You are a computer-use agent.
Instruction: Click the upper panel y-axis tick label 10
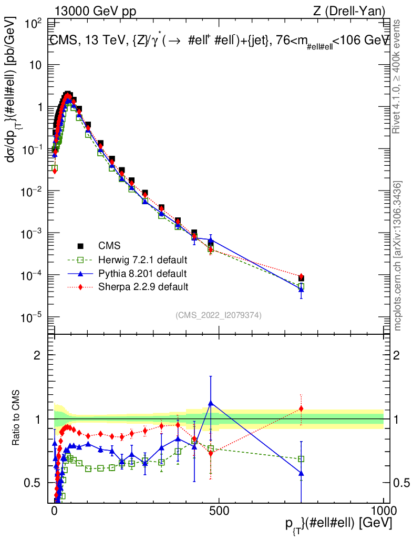(36, 65)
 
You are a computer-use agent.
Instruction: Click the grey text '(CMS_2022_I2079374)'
(219, 315)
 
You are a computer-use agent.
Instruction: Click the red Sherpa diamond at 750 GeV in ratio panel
(301, 408)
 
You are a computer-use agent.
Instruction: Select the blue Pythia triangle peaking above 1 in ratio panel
(211, 403)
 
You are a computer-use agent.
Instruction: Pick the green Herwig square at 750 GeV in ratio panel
(301, 459)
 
